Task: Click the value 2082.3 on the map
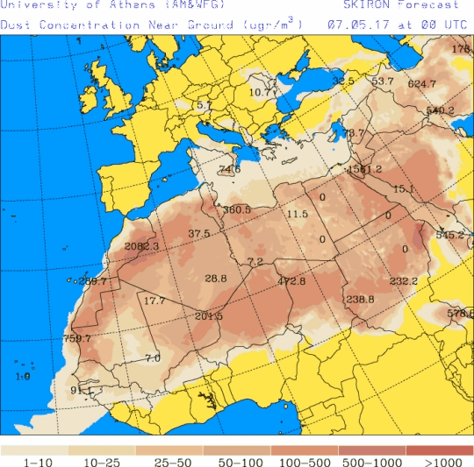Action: (x=142, y=247)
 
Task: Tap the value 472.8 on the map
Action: (x=291, y=281)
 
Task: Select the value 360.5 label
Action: (x=237, y=210)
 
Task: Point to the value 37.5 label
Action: (x=199, y=234)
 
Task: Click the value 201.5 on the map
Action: (x=209, y=316)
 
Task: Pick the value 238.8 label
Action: (x=360, y=300)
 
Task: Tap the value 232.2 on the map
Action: (x=403, y=281)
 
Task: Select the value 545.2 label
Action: (x=449, y=235)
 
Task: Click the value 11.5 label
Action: (x=298, y=214)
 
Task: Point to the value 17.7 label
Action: (x=154, y=301)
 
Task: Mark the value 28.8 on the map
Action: (x=216, y=279)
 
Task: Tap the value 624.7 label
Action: (x=422, y=84)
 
